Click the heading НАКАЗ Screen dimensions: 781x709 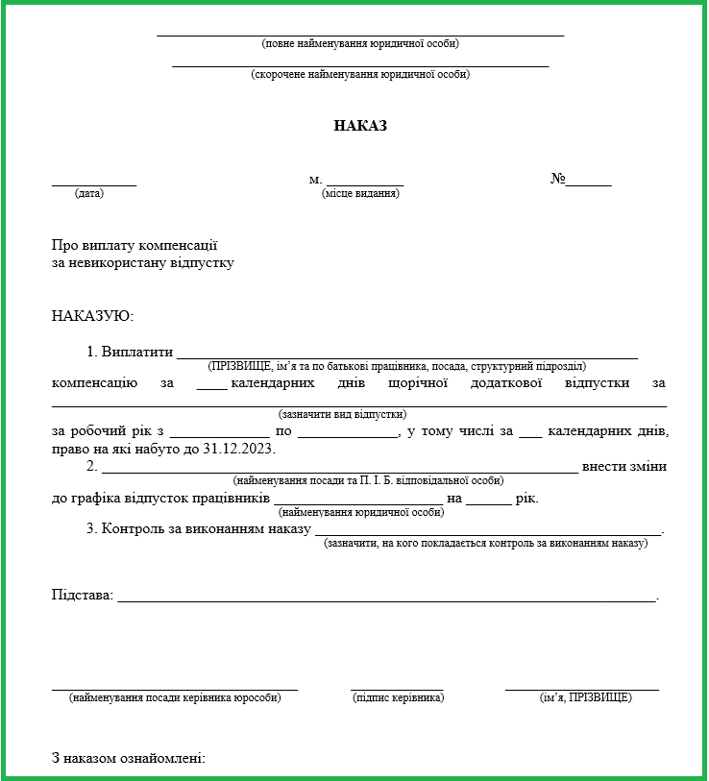coord(360,126)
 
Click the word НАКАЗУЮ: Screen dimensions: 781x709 coord(92,315)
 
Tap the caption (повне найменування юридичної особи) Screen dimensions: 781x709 coord(360,43)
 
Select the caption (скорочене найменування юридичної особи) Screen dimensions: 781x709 coord(360,74)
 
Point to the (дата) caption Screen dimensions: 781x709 coord(89,193)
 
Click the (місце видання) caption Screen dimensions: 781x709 coord(360,193)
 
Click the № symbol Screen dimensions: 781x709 coord(557,179)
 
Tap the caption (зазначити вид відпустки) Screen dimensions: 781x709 coord(343,414)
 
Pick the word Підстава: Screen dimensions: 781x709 coord(83,595)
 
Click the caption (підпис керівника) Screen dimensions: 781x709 coord(398,697)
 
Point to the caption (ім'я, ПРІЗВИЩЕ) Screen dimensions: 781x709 coord(585,697)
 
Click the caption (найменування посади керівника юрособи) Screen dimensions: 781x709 coord(175,697)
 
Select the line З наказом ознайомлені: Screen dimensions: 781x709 coord(129,759)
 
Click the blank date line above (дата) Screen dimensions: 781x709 coord(94,183)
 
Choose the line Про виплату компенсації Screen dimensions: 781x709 coord(134,245)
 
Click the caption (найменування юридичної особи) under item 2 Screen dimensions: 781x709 coord(360,512)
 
